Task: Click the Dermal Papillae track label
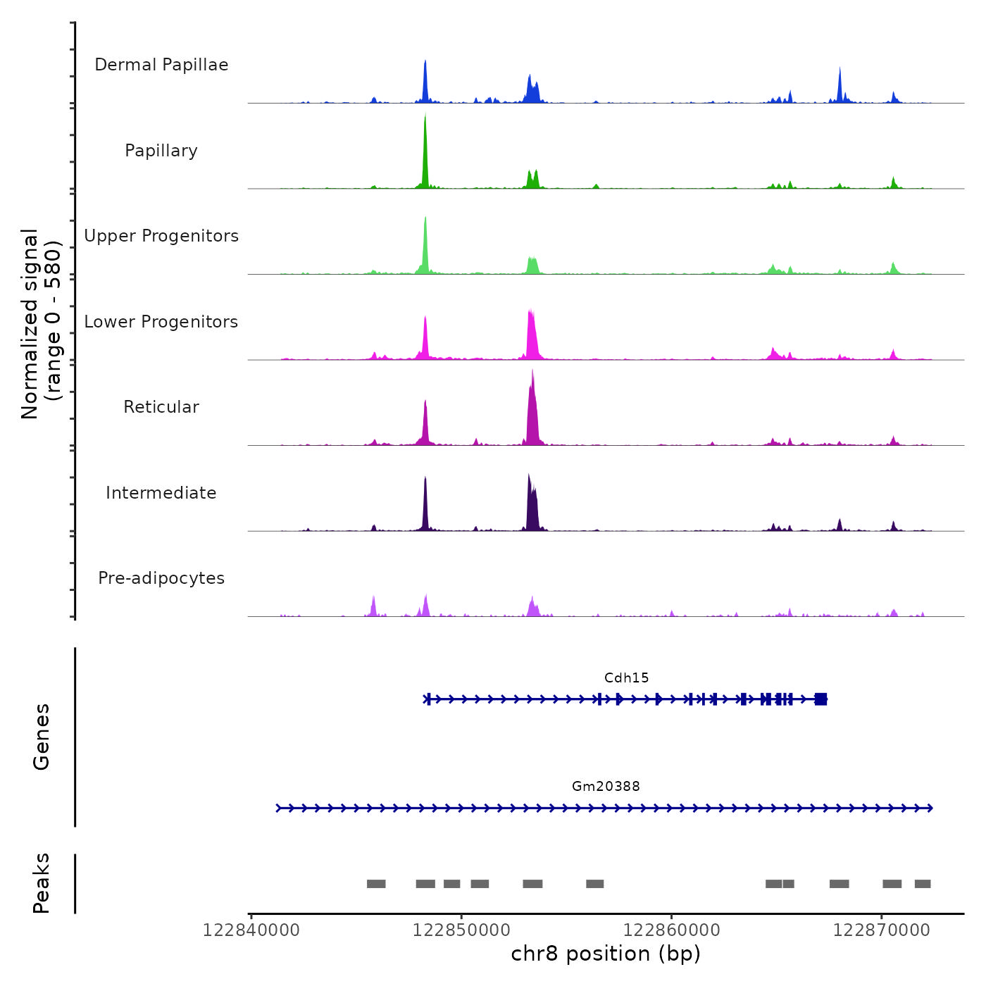161,65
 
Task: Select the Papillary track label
161,151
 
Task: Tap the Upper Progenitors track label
161,236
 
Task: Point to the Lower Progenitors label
161,322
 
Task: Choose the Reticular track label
161,407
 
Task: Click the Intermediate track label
161,493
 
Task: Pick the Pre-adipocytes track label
161,578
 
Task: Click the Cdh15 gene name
626,678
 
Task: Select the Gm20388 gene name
606,786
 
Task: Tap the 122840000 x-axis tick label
251,930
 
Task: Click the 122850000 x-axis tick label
461,930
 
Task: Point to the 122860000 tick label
671,930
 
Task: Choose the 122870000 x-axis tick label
881,930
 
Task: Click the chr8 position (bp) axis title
606,954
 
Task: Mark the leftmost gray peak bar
376,884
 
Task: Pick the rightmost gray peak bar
923,884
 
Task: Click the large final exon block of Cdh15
820,699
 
